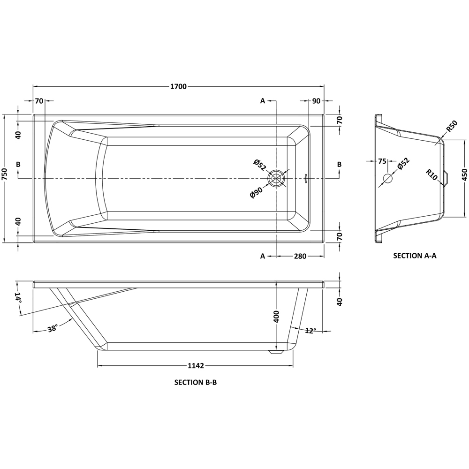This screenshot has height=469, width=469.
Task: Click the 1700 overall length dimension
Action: tap(178, 86)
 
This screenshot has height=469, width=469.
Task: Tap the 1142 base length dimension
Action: tap(195, 366)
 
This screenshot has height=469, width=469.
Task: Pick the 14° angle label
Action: tap(18, 298)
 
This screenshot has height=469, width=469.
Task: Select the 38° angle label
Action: tap(53, 328)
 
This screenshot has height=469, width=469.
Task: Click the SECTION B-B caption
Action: tap(195, 382)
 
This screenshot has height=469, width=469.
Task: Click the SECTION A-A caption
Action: tap(415, 256)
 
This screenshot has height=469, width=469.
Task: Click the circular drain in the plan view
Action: tap(277, 179)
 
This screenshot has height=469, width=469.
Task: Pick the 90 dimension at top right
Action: tap(316, 101)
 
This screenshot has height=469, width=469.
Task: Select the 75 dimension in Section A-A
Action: tap(382, 161)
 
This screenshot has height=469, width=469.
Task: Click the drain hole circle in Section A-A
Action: tap(388, 179)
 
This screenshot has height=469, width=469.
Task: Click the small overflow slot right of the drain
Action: tap(306, 178)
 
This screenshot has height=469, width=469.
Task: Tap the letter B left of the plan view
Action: tap(18, 164)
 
